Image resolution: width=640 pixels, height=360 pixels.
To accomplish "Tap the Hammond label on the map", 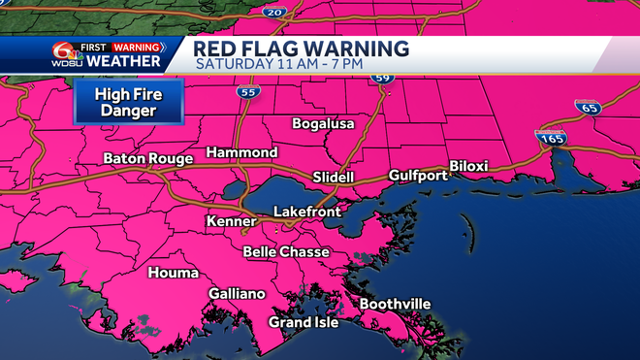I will pyautogui.click(x=241, y=153).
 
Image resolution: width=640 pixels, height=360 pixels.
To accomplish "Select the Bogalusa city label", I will pyautogui.click(x=324, y=124).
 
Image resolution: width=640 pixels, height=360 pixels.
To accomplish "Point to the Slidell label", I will pyautogui.click(x=335, y=178).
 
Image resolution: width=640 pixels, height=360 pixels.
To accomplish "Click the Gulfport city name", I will pyautogui.click(x=418, y=176).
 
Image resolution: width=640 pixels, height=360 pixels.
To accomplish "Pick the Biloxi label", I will pyautogui.click(x=467, y=167).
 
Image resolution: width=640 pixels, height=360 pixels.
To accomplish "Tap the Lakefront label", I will pyautogui.click(x=305, y=211).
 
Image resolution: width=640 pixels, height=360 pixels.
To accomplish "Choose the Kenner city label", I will pyautogui.click(x=231, y=222).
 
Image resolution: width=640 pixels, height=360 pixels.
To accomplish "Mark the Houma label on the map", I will pyautogui.click(x=173, y=274).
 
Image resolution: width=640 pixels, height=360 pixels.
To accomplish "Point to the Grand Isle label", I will pyautogui.click(x=304, y=322).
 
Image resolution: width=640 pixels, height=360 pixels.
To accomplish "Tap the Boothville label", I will pyautogui.click(x=395, y=305).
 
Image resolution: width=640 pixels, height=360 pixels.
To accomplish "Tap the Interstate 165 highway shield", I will pyautogui.click(x=548, y=140).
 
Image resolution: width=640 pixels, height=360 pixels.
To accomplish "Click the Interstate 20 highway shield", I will pyautogui.click(x=273, y=11).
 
